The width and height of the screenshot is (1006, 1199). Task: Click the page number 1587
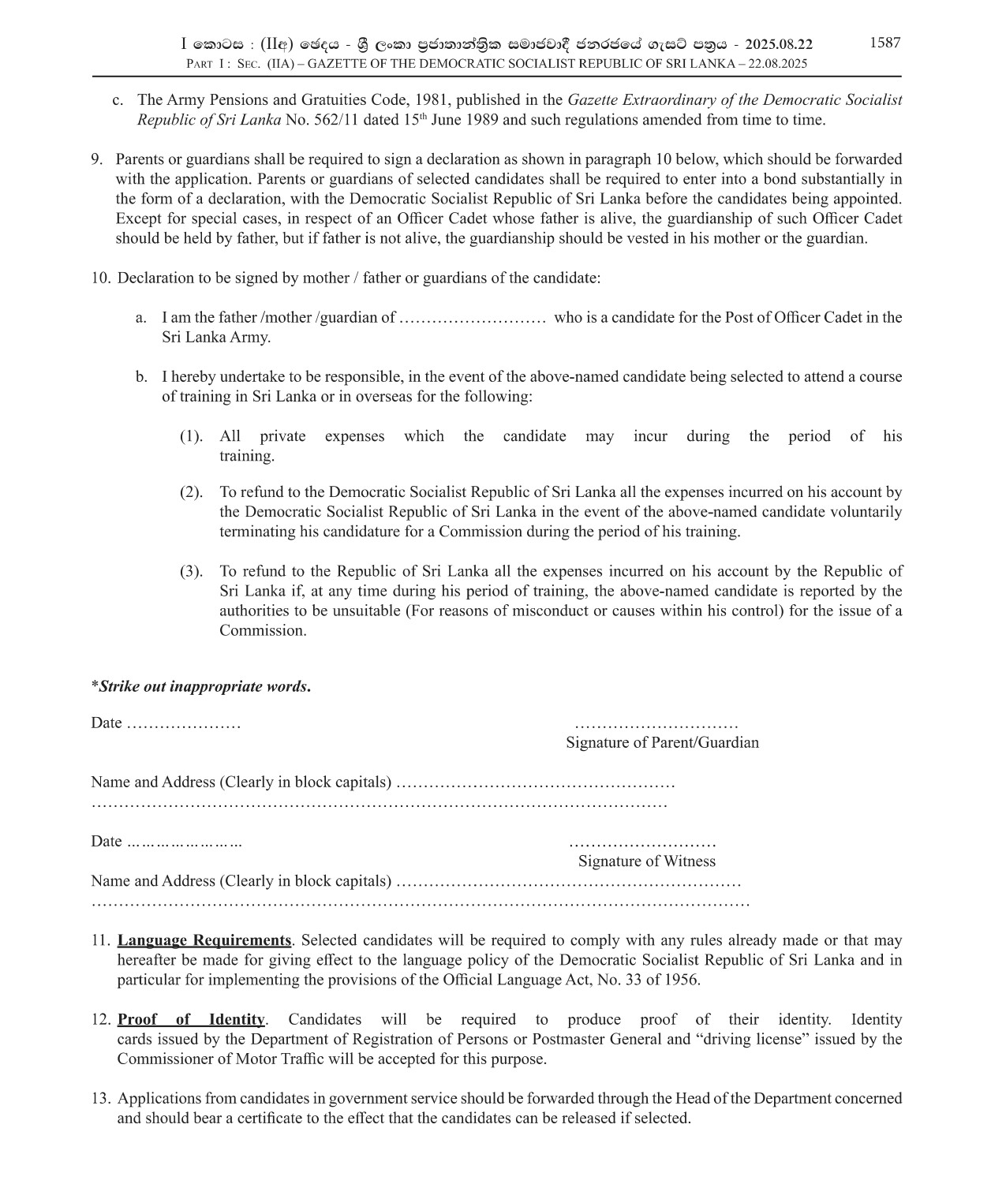tap(884, 43)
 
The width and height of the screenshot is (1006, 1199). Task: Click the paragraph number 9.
tap(96, 159)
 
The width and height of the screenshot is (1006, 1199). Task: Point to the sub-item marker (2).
tap(191, 492)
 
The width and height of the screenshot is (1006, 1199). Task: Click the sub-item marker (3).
tap(191, 571)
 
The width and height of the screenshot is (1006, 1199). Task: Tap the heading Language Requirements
tap(204, 940)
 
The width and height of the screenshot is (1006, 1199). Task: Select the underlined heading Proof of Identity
tap(191, 1019)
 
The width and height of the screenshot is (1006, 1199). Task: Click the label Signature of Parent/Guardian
tap(662, 742)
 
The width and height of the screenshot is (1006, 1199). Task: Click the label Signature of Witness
tap(646, 861)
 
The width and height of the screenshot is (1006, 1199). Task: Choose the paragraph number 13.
tap(100, 1098)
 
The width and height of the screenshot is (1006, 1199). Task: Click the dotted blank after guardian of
tap(473, 318)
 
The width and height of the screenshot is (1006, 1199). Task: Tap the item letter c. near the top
tap(118, 100)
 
